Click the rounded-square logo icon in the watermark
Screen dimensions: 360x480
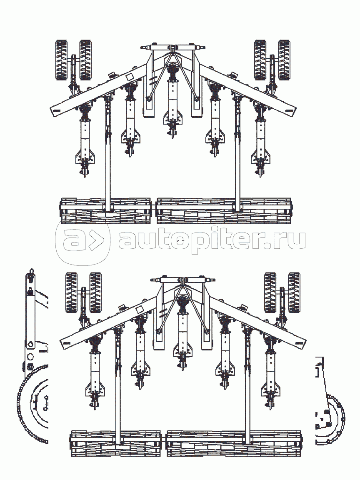pos(83,240)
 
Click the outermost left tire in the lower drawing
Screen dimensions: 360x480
pos(72,292)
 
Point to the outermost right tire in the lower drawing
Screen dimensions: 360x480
pos(294,292)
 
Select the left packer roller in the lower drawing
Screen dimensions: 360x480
pos(116,444)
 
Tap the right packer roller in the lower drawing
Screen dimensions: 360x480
pos(234,444)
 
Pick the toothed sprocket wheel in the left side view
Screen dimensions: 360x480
pos(33,406)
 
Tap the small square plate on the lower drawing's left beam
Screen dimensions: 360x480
pos(139,310)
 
